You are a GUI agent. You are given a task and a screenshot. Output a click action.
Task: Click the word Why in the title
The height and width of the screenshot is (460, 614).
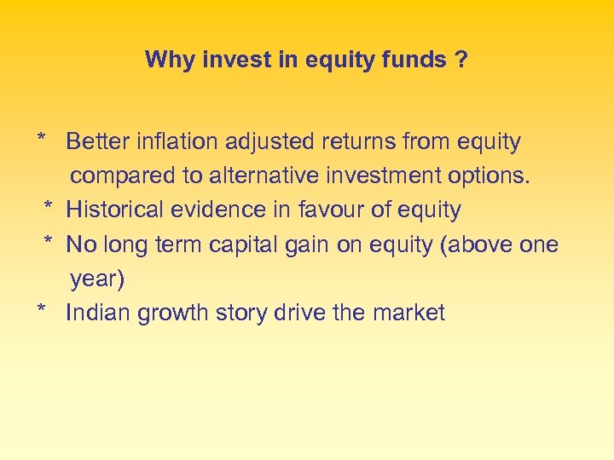point(165,60)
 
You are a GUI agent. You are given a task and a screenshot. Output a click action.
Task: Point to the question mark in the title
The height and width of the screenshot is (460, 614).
point(461,60)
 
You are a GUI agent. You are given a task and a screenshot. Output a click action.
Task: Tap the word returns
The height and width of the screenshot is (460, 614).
point(362,141)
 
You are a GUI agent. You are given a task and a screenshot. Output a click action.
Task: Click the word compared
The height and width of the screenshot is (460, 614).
point(124,176)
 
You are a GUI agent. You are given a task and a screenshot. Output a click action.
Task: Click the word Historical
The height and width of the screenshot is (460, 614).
point(119,210)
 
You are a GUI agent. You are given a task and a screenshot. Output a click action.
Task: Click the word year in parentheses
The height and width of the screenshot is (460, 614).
point(95,279)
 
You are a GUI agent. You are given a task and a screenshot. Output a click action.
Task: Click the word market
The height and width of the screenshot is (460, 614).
point(408,313)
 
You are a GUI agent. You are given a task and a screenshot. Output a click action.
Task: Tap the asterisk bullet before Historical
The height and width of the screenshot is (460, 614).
point(49,208)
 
